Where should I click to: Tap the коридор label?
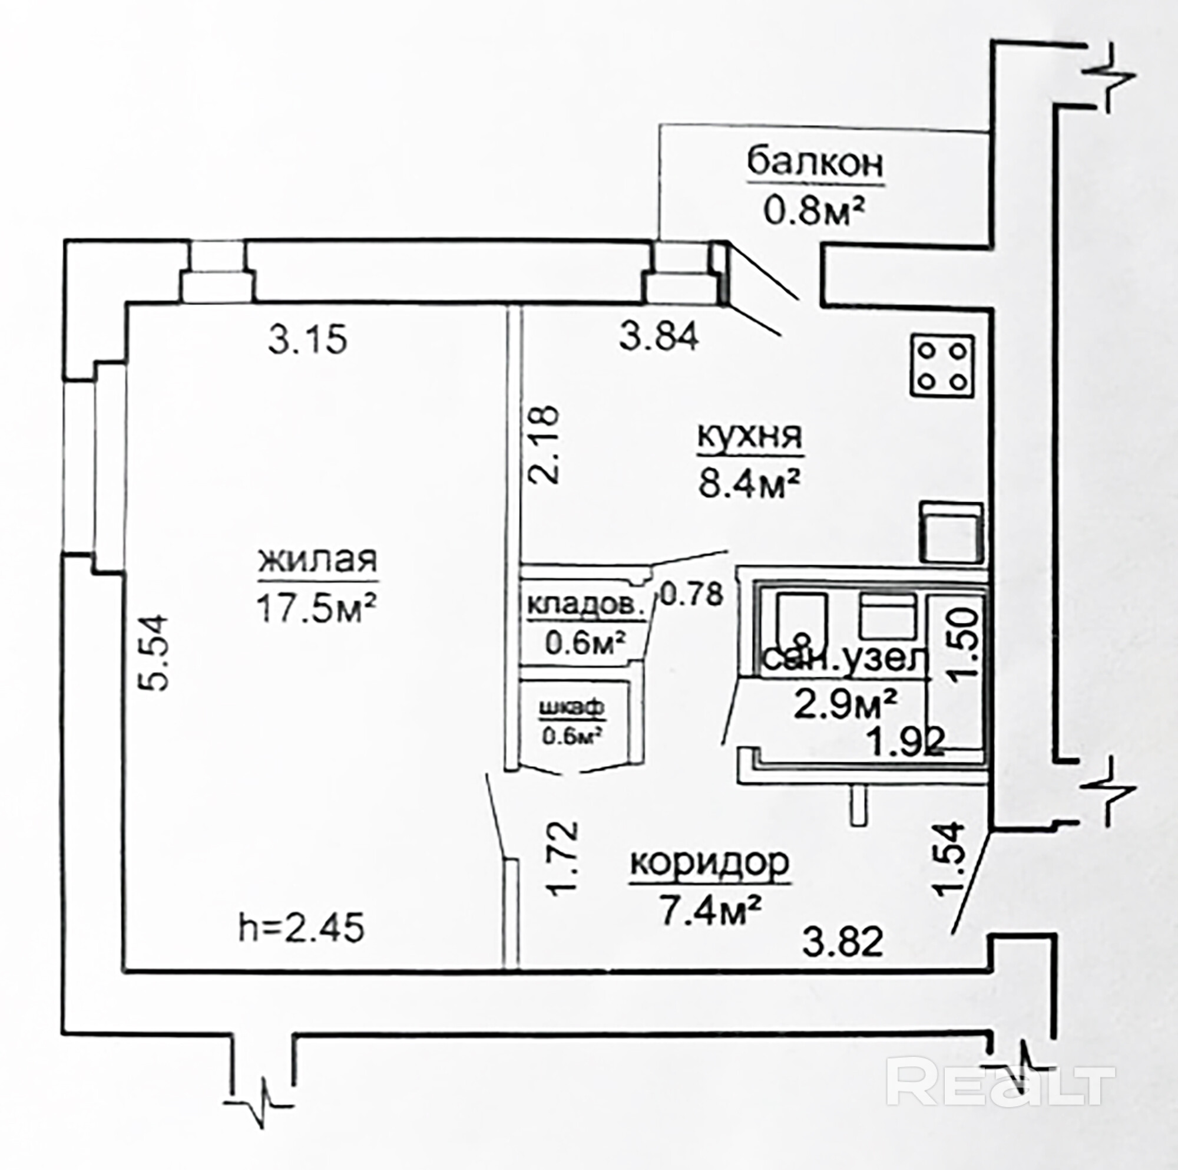710,862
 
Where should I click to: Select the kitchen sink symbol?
951,532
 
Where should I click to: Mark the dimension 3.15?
307,339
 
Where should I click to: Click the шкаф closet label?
573,708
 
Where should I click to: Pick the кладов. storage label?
585,607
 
